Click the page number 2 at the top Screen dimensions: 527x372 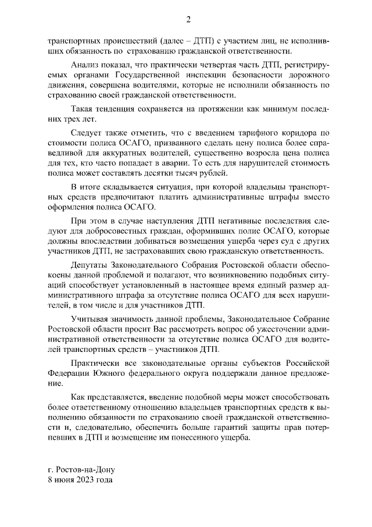[188, 20]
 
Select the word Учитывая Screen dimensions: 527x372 [88, 320]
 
